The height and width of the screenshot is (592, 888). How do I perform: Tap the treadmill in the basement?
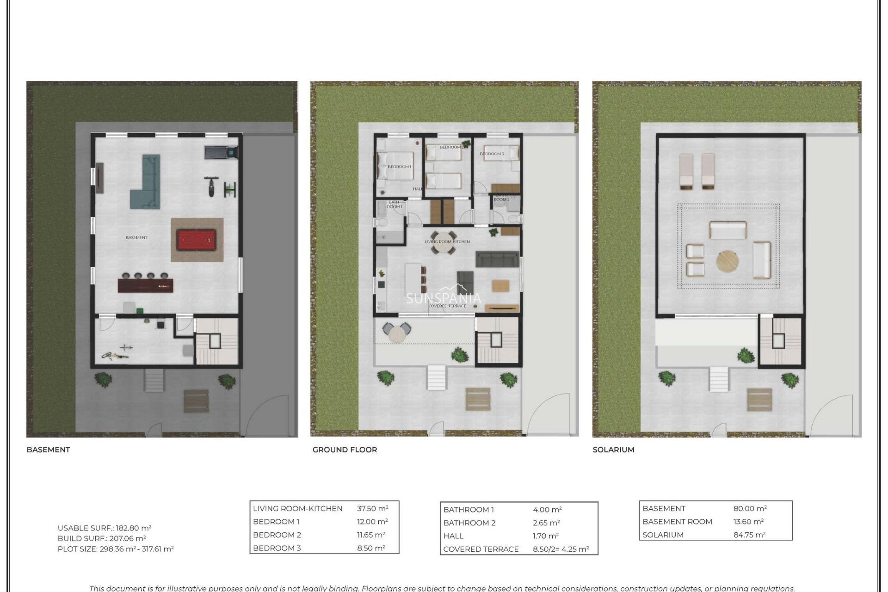click(221, 151)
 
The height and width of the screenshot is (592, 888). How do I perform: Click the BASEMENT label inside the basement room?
click(136, 238)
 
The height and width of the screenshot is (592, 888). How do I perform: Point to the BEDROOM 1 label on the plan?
click(399, 166)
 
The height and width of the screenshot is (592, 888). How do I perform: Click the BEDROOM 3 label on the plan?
click(492, 154)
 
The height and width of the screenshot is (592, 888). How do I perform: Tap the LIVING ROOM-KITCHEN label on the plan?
click(447, 242)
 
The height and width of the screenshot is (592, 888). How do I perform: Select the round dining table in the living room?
click(443, 243)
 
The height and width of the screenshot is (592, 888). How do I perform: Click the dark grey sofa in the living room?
click(497, 259)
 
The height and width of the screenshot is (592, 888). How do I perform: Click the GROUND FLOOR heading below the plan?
click(345, 450)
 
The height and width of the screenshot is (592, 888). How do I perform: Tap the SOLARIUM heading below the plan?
click(613, 450)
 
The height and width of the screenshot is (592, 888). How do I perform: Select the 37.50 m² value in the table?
click(372, 508)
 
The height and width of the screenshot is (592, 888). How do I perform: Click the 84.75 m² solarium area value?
click(749, 535)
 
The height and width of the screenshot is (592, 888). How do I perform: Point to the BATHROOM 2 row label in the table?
click(469, 523)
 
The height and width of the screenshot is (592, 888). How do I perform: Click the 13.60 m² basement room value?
click(748, 521)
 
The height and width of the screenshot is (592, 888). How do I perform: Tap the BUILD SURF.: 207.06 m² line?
click(102, 538)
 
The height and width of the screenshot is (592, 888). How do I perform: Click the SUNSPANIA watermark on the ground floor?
click(444, 298)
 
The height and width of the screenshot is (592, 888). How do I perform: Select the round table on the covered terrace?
click(397, 333)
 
